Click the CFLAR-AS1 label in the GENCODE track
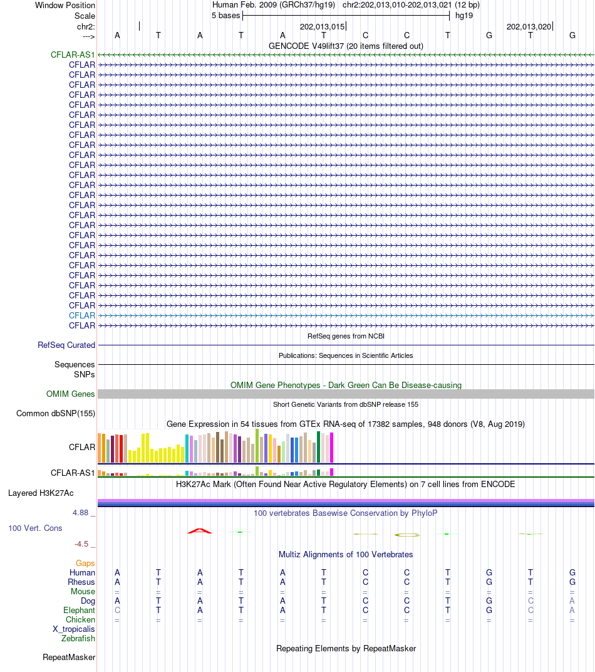pyautogui.click(x=73, y=55)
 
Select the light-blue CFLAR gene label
pyautogui.click(x=82, y=315)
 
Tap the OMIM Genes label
pyautogui.click(x=71, y=394)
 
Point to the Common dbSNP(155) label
pyautogui.click(x=56, y=413)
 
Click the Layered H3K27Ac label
pyautogui.click(x=51, y=493)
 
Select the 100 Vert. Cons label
pyautogui.click(x=35, y=528)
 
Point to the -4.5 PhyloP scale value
pyautogui.click(x=81, y=543)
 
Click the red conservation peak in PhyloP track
pyautogui.click(x=200, y=531)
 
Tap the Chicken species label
pyautogui.click(x=80, y=619)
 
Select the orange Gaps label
pyautogui.click(x=85, y=563)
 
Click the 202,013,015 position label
pyautogui.click(x=322, y=26)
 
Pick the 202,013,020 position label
pyautogui.click(x=529, y=26)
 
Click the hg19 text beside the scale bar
pyautogui.click(x=464, y=15)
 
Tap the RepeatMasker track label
pyautogui.click(x=69, y=657)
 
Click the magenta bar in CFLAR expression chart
pyautogui.click(x=331, y=447)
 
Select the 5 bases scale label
pyautogui.click(x=225, y=15)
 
